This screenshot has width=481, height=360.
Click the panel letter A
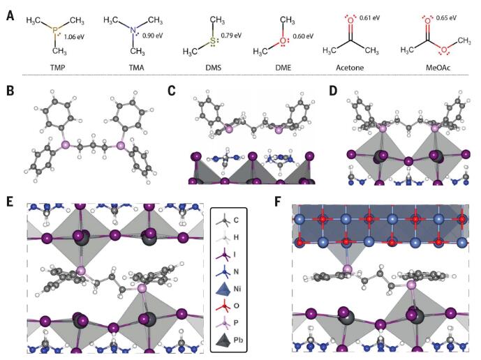pyautogui.click(x=10, y=15)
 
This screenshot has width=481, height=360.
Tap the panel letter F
pyautogui.click(x=278, y=203)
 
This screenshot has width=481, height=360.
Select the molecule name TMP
pyautogui.click(x=58, y=67)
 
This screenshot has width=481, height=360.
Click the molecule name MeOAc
pyautogui.click(x=438, y=67)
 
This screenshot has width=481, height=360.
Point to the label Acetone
pyautogui.click(x=350, y=67)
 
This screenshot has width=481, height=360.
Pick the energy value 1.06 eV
pyautogui.click(x=74, y=37)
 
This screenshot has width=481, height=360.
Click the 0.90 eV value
pyautogui.click(x=153, y=36)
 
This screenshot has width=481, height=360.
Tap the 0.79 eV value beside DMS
pyautogui.click(x=231, y=36)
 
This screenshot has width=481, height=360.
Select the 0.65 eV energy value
pyautogui.click(x=446, y=17)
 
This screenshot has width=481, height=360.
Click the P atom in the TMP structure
pyautogui.click(x=55, y=30)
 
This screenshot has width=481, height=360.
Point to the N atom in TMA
pyautogui.click(x=133, y=30)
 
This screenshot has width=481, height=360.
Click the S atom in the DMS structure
pyautogui.click(x=213, y=41)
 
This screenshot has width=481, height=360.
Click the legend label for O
pyautogui.click(x=237, y=306)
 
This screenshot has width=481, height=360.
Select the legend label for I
pyautogui.click(x=235, y=254)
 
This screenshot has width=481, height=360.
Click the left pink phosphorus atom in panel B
pyautogui.click(x=66, y=145)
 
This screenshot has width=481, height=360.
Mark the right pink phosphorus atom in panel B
pyautogui.click(x=120, y=145)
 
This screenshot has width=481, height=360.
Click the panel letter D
pyautogui.click(x=333, y=91)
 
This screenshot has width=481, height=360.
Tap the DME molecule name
pyautogui.click(x=283, y=67)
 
